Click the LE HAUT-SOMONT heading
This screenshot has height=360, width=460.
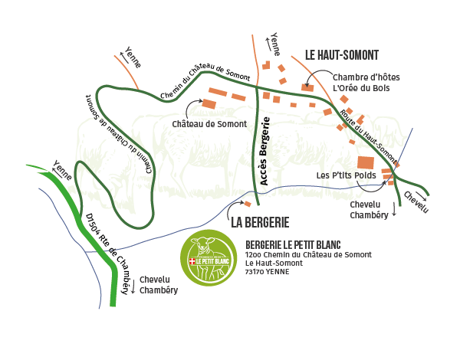tap(342, 55)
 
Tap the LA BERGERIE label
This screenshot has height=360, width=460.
tap(260, 223)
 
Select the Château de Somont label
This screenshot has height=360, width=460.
tap(209, 123)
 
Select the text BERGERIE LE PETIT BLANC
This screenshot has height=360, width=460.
tap(294, 244)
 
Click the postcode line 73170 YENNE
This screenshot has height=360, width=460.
tap(262, 272)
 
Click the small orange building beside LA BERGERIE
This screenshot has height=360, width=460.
tap(247, 204)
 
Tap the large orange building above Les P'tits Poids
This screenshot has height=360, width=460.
tap(366, 162)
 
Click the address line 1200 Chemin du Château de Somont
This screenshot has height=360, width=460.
tap(308, 254)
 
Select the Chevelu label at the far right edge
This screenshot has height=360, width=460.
tap(416, 201)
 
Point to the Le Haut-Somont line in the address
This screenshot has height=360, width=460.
tap(274, 263)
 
